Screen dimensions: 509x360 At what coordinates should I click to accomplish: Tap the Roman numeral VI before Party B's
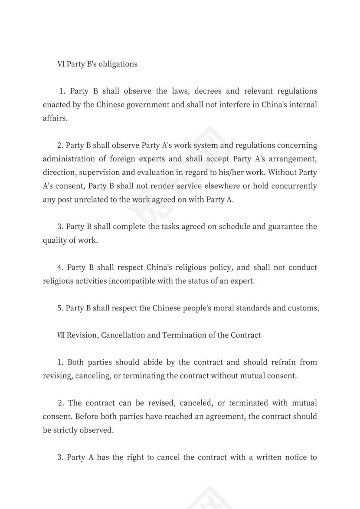61,64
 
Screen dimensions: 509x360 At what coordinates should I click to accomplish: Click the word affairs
55,118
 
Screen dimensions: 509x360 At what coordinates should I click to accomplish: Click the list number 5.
59,308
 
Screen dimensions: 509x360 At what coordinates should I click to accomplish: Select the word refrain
280,362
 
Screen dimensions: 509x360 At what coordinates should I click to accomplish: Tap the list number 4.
60,268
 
